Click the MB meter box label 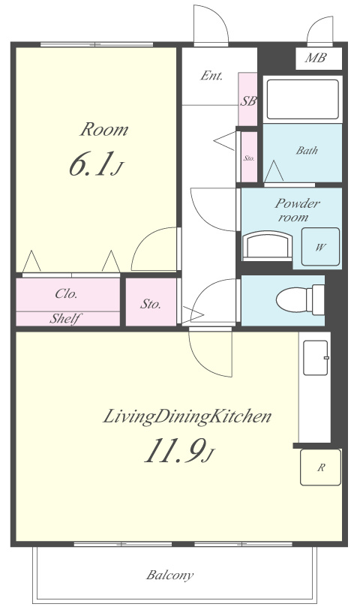click(316, 58)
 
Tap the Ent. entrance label click(211, 76)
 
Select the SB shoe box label click(248, 101)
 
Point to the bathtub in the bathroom click(303, 99)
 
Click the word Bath click(307, 150)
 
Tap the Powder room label click(297, 210)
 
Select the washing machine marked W click(320, 247)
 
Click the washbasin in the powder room click(267, 246)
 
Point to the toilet click(300, 299)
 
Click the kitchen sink click(316, 358)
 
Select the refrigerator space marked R click(320, 467)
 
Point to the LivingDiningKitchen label click(187, 417)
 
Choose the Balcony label click(169, 575)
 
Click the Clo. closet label click(67, 293)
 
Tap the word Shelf click(65, 319)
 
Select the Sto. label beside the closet click(150, 305)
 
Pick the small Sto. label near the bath click(249, 158)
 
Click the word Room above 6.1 click(103, 129)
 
